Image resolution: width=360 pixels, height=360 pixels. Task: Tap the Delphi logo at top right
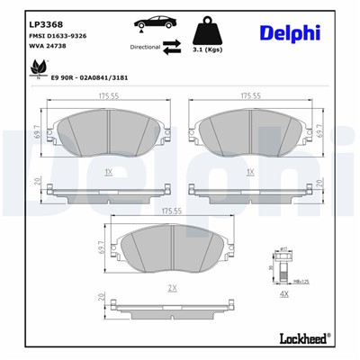pos(290,34)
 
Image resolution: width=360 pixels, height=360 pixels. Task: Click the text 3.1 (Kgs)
pos(209,50)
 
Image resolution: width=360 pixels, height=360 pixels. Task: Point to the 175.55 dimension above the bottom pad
pos(171,211)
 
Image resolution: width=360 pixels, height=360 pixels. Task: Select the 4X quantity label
pos(285,294)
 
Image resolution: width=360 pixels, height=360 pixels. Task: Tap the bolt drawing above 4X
pos(283,268)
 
